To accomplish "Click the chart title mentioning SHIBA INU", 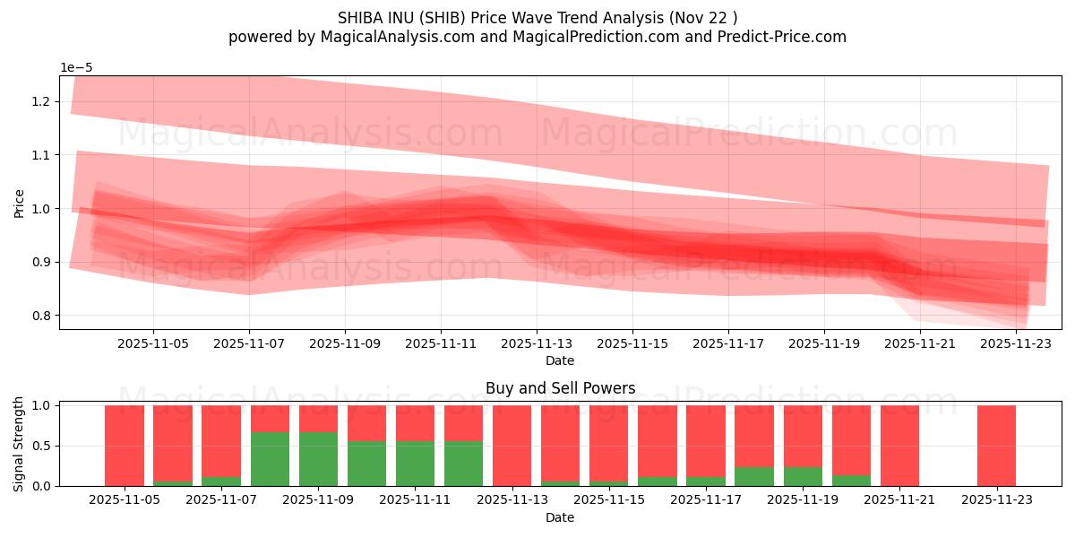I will click(x=537, y=17).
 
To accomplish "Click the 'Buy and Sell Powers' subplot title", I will click(x=560, y=388).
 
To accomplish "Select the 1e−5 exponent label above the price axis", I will click(x=76, y=67).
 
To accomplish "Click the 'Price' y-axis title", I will click(x=20, y=203).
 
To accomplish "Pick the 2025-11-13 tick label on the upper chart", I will click(x=537, y=343).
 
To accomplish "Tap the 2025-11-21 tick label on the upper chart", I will click(x=920, y=343).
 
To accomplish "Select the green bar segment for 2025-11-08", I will click(x=270, y=459).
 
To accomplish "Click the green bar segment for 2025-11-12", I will click(x=464, y=464).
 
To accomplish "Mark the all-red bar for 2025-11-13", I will click(x=512, y=446).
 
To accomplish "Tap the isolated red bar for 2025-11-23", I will click(x=996, y=446).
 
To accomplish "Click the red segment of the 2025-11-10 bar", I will click(x=367, y=422).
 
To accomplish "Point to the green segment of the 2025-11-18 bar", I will click(x=754, y=476).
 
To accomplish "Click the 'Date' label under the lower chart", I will click(x=560, y=517).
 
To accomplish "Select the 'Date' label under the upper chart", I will click(x=560, y=360).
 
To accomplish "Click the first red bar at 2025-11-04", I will click(x=125, y=446).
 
